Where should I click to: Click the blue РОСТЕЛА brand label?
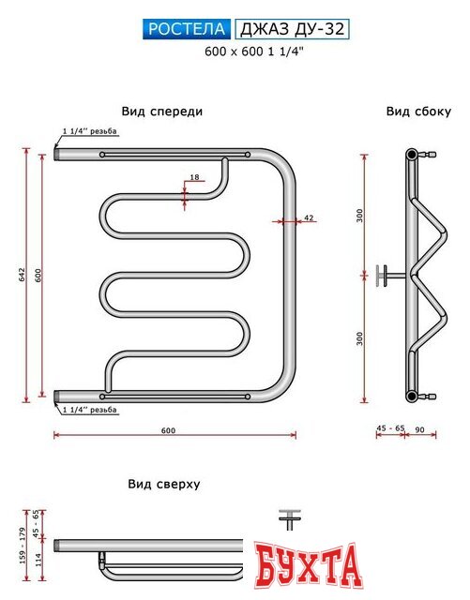187,29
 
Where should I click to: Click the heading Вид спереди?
161,111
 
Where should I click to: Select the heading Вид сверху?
163,484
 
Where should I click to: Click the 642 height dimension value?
22,273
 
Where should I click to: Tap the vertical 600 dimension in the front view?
38,273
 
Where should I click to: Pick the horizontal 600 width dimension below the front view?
168,429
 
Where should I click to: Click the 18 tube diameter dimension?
194,177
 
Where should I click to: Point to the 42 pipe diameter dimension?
308,217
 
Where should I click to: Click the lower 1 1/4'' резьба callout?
89,410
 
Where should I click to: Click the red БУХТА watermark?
306,565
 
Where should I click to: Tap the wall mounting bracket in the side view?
385,276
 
